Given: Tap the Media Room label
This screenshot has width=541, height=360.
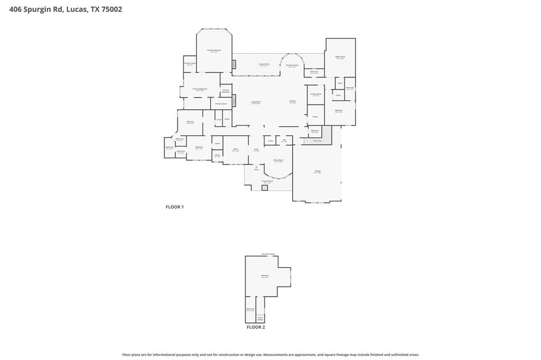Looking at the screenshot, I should (340, 56).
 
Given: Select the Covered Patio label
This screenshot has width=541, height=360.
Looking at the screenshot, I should (264, 64).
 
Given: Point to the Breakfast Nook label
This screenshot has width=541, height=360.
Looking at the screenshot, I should (292, 65).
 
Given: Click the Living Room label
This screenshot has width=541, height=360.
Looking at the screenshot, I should (256, 102).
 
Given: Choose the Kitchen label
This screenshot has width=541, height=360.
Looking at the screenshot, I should (293, 101).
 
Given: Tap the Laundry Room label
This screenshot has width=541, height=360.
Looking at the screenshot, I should (315, 94).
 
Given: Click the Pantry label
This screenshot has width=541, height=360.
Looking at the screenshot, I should (315, 117).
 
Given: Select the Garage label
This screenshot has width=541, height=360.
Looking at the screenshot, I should (318, 171).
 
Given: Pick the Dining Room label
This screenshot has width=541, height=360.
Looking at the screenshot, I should (278, 160).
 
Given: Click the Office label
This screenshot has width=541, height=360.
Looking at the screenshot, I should (236, 149).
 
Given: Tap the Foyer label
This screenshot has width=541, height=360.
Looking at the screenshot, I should (256, 149).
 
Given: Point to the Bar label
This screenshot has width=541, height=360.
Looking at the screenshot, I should (284, 140).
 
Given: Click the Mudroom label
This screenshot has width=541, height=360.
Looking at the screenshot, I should (315, 130).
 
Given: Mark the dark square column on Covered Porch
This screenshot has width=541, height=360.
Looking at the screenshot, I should (265, 187).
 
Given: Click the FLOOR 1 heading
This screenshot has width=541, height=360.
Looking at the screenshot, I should (174, 207).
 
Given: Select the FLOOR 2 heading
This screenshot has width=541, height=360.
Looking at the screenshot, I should (256, 327).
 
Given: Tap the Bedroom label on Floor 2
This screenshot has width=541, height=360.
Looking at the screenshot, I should (265, 276).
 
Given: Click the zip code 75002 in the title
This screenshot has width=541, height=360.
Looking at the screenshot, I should (111, 9).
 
